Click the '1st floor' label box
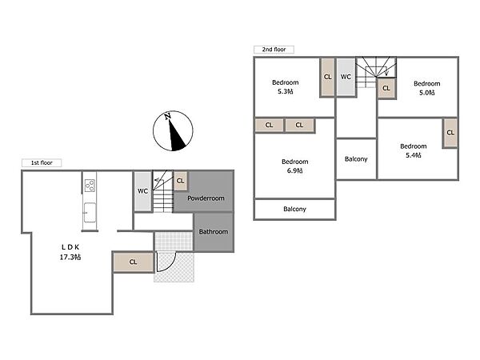[42, 163]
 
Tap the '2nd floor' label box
[274, 50]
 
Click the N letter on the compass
[167, 116]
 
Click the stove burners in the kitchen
[90, 186]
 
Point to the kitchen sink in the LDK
[90, 213]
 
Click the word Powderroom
[206, 198]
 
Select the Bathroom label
[214, 232]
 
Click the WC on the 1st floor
[142, 191]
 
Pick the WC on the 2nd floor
[346, 77]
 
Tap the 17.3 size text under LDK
[70, 257]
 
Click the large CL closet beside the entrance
[133, 262]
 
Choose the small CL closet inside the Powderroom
[180, 181]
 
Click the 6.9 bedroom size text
[294, 171]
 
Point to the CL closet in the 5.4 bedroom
[450, 133]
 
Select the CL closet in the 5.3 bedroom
[327, 77]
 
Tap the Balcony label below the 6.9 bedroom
[294, 209]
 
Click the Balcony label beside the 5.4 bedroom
[356, 159]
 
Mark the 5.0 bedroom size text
[427, 93]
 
